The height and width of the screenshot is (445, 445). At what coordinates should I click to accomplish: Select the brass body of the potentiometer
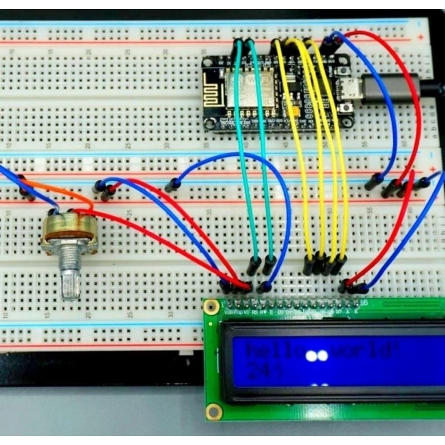70,230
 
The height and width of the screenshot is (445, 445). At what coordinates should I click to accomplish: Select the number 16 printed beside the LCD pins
364,303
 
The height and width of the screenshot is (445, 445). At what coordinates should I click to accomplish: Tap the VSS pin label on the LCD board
228,313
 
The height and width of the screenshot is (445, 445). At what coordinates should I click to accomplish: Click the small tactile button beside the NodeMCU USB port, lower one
347,108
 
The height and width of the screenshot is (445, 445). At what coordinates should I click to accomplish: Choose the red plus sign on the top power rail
421,37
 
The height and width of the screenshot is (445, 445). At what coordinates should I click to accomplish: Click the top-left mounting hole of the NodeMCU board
206,62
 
